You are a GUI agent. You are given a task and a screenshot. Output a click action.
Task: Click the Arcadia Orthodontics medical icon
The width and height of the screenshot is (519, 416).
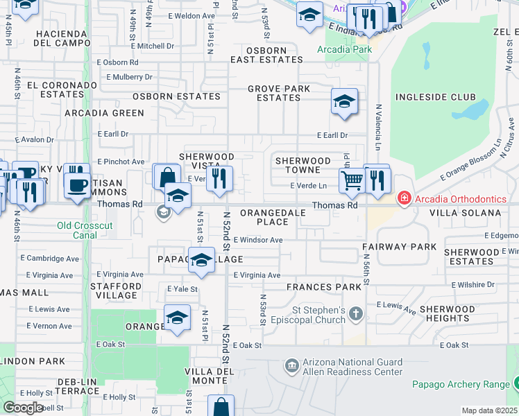(403, 199)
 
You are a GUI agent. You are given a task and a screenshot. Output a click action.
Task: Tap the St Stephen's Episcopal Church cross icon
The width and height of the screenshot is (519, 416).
(355, 314)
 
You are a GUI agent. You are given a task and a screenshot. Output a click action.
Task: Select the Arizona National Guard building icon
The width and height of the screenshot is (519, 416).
(291, 365)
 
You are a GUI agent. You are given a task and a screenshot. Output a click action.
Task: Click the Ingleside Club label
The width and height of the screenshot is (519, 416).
(435, 98)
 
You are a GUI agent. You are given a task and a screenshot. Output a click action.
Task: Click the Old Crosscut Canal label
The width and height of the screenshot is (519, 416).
(85, 230)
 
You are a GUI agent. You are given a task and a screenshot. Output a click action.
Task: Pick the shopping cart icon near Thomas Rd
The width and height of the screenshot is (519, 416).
(352, 181)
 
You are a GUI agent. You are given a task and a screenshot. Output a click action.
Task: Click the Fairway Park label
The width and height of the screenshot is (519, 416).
(400, 247)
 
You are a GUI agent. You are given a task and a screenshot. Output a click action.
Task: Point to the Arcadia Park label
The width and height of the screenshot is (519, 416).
(344, 49)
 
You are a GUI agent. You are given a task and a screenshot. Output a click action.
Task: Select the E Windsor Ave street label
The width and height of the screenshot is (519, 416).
(258, 240)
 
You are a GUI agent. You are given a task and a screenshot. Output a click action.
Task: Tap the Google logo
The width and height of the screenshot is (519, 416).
(24, 408)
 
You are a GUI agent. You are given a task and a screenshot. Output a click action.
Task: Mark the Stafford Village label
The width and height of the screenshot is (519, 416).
(117, 290)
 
